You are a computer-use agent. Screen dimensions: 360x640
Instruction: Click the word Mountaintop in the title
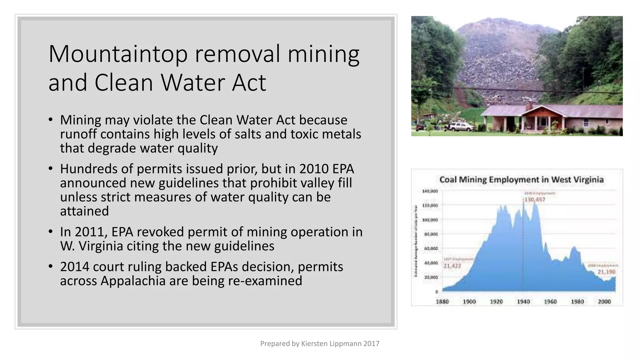[118, 54]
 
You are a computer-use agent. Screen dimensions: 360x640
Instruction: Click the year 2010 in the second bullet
[313, 169]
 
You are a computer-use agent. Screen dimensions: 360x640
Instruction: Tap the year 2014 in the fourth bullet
[74, 267]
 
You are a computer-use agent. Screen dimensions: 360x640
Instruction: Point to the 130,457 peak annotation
[534, 200]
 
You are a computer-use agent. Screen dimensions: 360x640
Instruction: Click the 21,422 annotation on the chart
[452, 266]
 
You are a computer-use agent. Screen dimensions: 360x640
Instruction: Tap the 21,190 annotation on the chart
[606, 272]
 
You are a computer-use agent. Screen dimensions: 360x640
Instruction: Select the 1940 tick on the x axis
[523, 302]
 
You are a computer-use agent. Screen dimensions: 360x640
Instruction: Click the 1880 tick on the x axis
[442, 302]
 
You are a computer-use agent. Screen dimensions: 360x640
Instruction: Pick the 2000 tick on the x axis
[604, 302]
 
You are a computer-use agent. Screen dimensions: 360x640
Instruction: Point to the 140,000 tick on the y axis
[430, 191]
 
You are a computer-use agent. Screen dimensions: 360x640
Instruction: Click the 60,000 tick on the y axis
[431, 248]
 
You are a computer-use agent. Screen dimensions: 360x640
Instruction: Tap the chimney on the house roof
[529, 106]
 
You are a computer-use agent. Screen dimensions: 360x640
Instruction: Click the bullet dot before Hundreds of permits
[51, 169]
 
